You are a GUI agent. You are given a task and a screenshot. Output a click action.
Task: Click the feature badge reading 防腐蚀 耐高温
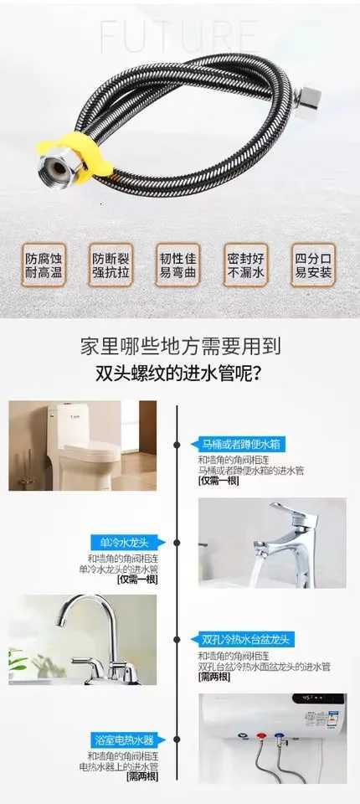point(43,265)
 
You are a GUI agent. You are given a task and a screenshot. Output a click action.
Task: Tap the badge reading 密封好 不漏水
point(245,265)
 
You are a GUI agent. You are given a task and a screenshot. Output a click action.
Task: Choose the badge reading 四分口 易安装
point(312,265)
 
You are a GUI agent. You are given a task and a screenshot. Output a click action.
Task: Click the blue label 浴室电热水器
point(123,740)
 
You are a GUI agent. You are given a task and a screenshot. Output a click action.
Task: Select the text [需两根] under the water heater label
point(141,777)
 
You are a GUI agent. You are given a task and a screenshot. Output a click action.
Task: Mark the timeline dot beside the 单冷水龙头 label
point(177,543)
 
